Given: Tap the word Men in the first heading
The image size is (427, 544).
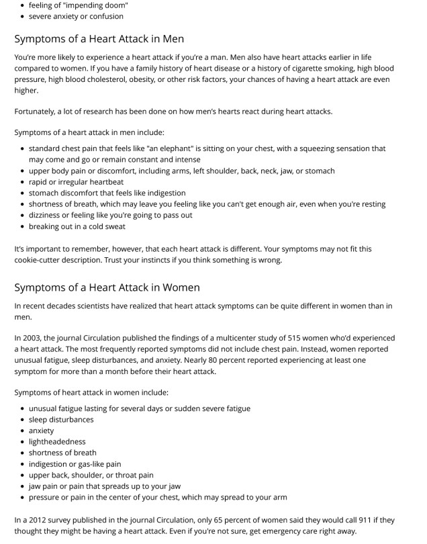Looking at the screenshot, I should point(171,39).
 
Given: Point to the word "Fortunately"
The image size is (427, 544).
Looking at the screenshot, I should point(38,111).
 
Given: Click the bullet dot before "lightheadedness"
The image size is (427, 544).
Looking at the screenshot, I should point(23,442).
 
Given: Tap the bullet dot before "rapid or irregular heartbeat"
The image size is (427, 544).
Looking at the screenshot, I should point(23,182).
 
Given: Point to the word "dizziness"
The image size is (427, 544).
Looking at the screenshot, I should point(46,215).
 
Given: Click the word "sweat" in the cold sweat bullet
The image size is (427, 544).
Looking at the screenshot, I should point(114,226).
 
